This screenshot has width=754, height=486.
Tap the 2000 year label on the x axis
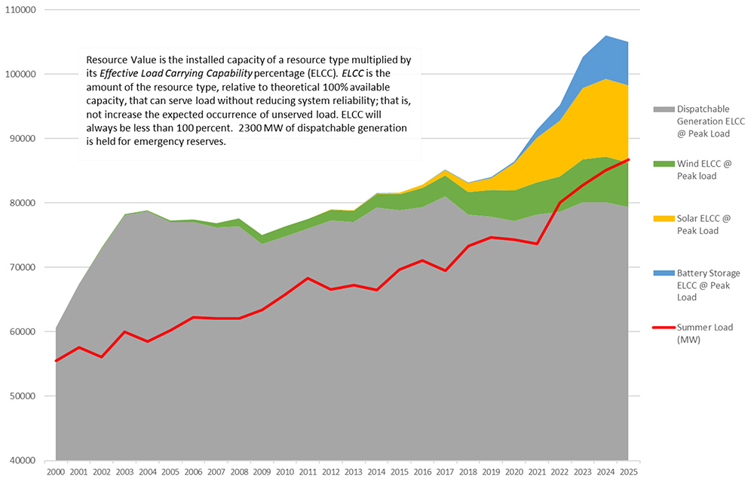tap(56, 472)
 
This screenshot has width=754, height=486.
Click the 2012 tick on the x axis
tap(330, 472)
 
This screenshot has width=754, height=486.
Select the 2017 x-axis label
tap(445, 472)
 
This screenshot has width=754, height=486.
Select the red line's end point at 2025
tap(628, 160)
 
